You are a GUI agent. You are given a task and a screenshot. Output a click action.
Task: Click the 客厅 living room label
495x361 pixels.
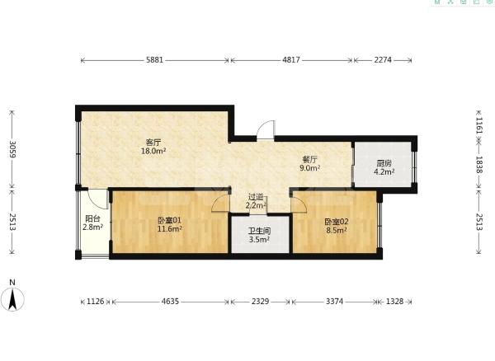click(153, 143)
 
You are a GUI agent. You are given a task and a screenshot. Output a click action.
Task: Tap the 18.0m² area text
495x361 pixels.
click(153, 151)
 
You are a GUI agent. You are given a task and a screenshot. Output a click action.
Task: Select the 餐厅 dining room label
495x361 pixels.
click(309, 160)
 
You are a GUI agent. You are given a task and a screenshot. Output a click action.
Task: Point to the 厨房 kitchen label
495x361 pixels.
click(384, 163)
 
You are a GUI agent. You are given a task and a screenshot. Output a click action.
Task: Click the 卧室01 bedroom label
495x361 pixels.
click(169, 220)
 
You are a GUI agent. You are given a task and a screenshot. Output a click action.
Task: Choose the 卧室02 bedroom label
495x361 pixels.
click(337, 222)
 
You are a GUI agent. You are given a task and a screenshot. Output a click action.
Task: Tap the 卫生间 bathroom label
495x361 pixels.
click(259, 231)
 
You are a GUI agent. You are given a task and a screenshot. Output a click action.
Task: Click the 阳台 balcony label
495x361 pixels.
click(92, 218)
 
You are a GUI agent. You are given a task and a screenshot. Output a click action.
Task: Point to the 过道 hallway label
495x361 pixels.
click(256, 197)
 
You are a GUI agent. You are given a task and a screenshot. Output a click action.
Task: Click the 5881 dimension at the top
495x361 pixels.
click(155, 60)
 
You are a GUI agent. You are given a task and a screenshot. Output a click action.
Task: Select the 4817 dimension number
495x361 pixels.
click(291, 60)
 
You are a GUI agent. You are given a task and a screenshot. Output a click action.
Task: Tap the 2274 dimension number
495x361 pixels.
click(383, 60)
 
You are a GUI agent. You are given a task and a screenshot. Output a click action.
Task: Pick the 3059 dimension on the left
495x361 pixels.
click(12, 149)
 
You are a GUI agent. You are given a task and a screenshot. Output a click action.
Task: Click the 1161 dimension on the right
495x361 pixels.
click(479, 125)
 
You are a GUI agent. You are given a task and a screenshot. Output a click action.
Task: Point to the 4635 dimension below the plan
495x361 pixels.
click(170, 302)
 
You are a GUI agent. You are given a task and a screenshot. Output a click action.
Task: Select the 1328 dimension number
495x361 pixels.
click(394, 302)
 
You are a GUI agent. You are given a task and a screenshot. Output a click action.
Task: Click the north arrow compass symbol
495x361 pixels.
click(12, 299)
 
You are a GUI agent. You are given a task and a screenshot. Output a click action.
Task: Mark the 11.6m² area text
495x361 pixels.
click(170, 229)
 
